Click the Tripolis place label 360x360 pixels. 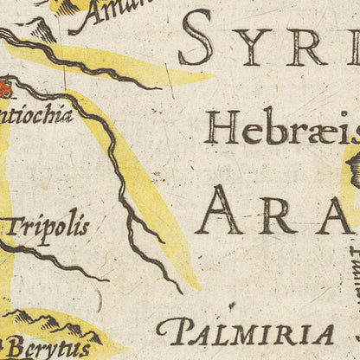(48, 227)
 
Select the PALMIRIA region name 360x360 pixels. (247, 333)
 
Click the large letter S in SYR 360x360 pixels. (196, 40)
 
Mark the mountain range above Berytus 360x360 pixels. (52, 325)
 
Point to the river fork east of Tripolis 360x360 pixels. (130, 216)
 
